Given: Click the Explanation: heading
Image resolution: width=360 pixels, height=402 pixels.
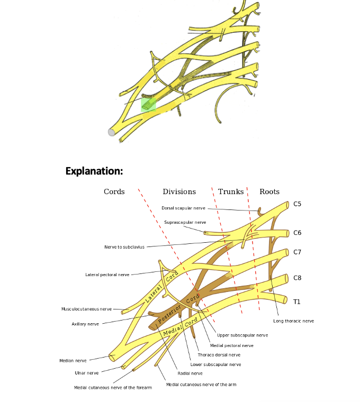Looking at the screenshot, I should pyautogui.click(x=94, y=171).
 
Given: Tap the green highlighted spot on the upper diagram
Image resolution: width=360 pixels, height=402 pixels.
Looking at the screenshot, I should pyautogui.click(x=149, y=104).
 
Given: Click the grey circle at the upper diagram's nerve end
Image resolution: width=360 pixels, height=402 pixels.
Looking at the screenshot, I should pyautogui.click(x=112, y=132).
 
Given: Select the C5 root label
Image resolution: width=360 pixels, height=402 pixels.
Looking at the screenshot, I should pyautogui.click(x=298, y=204).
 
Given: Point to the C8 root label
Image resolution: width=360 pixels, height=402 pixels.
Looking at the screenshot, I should pyautogui.click(x=298, y=278).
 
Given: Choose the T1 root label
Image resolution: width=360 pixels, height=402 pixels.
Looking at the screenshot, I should pyautogui.click(x=297, y=301).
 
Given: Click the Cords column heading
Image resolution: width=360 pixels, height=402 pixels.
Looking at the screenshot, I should pyautogui.click(x=114, y=191).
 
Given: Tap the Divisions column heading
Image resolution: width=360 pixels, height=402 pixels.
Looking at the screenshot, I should pyautogui.click(x=179, y=191).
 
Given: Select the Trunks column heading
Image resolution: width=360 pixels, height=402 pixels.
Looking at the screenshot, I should pyautogui.click(x=231, y=191).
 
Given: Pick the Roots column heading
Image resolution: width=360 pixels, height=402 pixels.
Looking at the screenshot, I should pyautogui.click(x=269, y=191).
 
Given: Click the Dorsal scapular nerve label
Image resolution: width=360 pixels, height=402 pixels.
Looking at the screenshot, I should pyautogui.click(x=183, y=208).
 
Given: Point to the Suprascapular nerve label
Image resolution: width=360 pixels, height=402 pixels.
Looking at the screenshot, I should pyautogui.click(x=185, y=222).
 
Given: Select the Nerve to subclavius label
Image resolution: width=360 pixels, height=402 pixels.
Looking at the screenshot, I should pyautogui.click(x=124, y=246).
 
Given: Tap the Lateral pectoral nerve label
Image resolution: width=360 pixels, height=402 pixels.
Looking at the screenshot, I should pyautogui.click(x=107, y=275).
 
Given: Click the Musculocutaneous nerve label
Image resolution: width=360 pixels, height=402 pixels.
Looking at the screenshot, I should pyautogui.click(x=86, y=309).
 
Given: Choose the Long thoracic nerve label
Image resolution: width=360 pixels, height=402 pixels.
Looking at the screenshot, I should pyautogui.click(x=293, y=321).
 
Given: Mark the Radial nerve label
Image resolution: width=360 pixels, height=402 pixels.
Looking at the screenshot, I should pyautogui.click(x=190, y=373).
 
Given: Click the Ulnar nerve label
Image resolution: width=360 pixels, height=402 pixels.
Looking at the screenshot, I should pyautogui.click(x=86, y=373).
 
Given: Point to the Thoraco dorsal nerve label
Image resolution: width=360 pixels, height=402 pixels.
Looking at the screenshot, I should pyautogui.click(x=219, y=355).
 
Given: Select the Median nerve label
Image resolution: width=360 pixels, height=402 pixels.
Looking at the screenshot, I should pyautogui.click(x=73, y=361).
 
